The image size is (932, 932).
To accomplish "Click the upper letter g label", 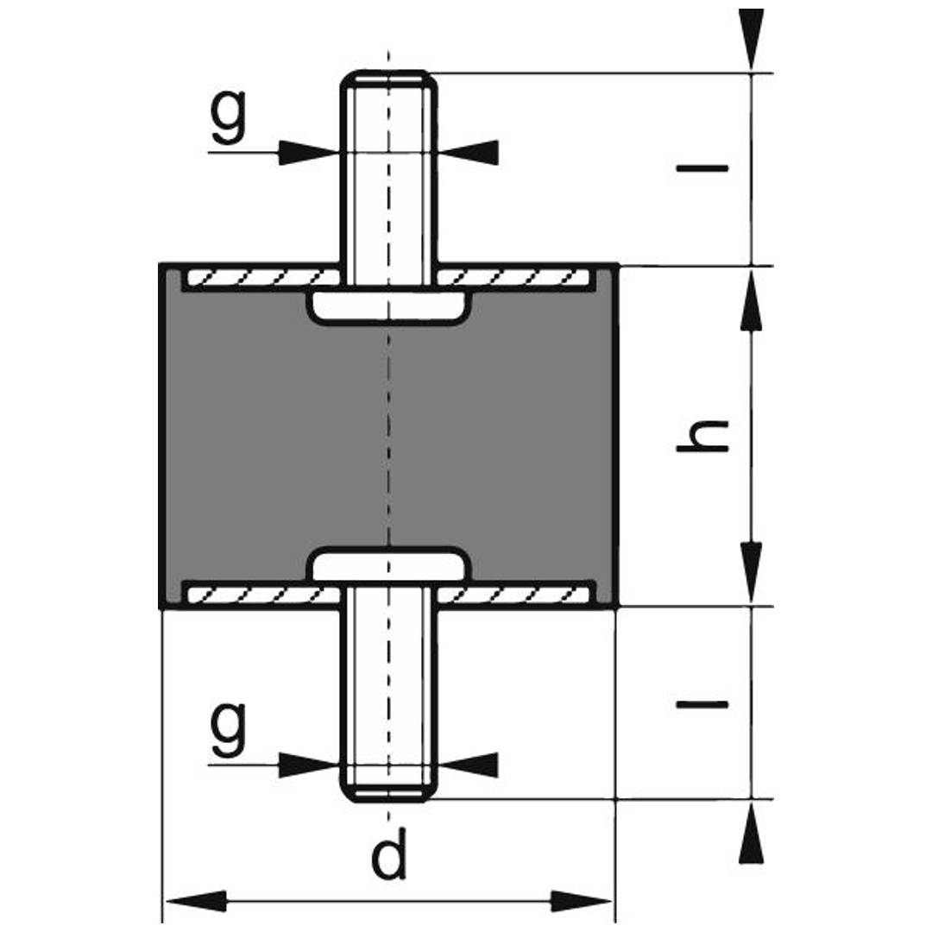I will click(x=228, y=117).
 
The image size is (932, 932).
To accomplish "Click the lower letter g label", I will click(x=228, y=729).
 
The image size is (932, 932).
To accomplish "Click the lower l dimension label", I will click(x=702, y=703).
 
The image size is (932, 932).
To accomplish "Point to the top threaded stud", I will click(x=388, y=173).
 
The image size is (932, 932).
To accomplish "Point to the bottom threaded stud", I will click(x=388, y=699).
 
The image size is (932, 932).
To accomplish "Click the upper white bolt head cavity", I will click(x=388, y=306).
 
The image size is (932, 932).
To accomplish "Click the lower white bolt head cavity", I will click(x=388, y=565).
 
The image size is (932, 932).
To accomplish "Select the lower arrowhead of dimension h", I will click(x=752, y=573).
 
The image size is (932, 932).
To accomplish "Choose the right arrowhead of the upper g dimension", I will click(x=469, y=153).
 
